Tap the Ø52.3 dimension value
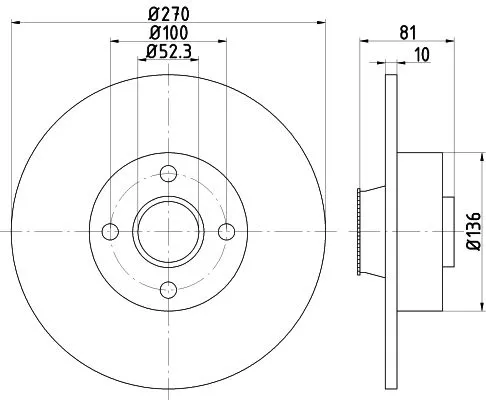[169, 52]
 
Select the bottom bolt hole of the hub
[168, 289]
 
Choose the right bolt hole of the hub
[226, 232]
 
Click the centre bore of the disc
[168, 232]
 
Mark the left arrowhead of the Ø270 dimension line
[17, 24]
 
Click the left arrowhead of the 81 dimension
[362, 42]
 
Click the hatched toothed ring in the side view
[358, 232]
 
